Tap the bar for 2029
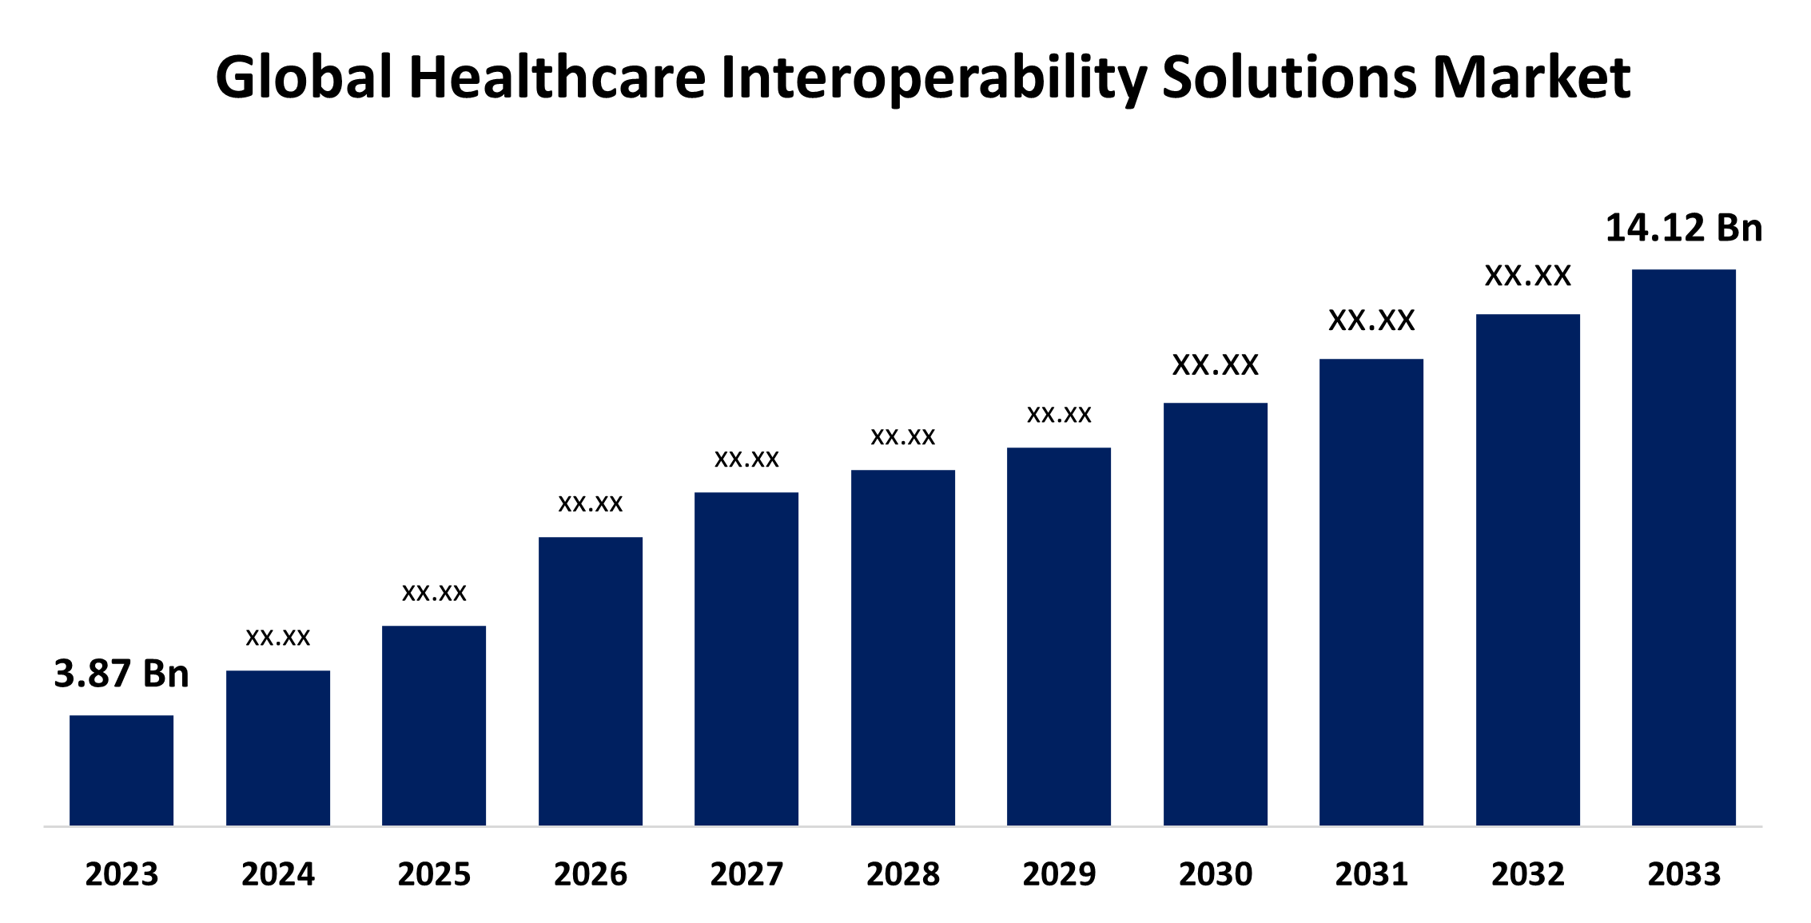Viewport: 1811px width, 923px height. pos(1059,636)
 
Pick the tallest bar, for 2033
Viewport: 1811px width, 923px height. pos(1684,547)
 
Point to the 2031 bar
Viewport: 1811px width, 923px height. pos(1371,591)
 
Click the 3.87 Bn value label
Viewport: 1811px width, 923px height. pos(121,674)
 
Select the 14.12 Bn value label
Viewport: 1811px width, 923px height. pos(1684,229)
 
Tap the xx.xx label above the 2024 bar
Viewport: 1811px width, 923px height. pos(278,638)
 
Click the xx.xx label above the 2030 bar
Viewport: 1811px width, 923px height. pos(1216,365)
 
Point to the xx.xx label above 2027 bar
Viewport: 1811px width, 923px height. pos(746,460)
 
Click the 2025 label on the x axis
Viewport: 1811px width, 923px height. pos(434,874)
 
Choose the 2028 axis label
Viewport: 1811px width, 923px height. pos(903,874)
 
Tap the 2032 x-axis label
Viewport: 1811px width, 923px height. pos(1528,874)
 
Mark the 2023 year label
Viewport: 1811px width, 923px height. pos(121,874)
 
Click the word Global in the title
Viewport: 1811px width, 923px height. pos(304,78)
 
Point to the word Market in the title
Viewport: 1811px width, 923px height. pos(1531,78)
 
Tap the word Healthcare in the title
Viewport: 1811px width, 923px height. pos(557,78)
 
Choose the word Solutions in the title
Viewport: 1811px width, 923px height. pos(1289,78)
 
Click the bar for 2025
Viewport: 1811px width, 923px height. pos(434,725)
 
